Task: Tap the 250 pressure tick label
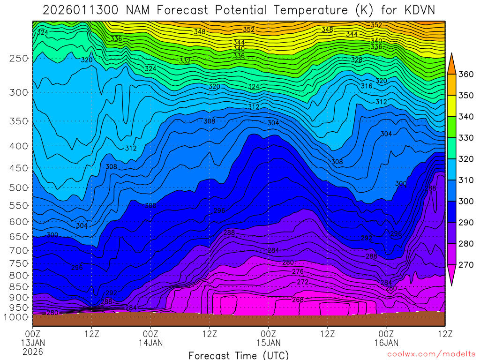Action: pos(19,59)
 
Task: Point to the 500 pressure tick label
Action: pos(19,188)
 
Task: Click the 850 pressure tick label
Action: pos(19,286)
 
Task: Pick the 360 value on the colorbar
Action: pos(466,75)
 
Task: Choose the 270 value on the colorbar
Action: pos(466,265)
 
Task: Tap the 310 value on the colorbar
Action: pos(466,180)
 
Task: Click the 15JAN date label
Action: pos(268,343)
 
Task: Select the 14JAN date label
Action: pos(150,343)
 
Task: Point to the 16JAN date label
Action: pos(386,343)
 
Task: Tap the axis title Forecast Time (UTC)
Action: pos(239,355)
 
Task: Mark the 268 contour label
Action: pos(298,300)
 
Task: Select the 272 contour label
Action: pos(303,282)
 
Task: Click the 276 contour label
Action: pos(298,272)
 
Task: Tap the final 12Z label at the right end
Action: pos(444,334)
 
